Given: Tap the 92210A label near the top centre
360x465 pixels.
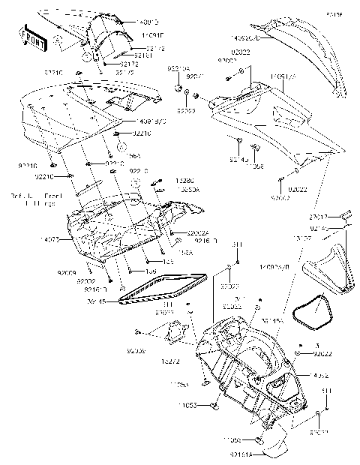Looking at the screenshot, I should point(178,66).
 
